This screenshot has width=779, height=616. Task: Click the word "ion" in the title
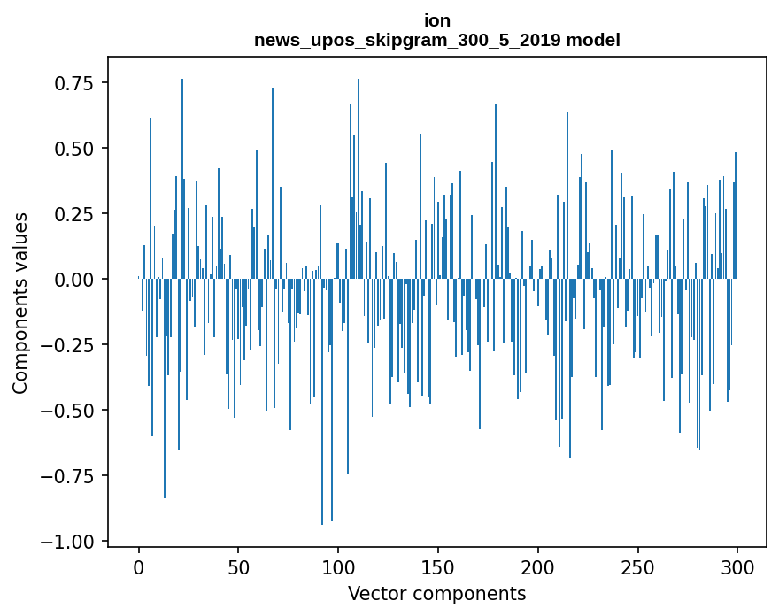click(437, 20)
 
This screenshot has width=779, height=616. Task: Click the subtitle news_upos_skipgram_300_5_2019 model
click(437, 40)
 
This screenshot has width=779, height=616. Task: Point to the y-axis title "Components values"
click(19, 303)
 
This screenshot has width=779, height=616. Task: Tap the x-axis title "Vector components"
click(437, 594)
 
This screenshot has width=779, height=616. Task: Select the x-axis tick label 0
click(139, 567)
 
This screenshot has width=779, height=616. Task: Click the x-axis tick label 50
click(238, 567)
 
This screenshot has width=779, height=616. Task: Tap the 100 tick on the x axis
click(338, 567)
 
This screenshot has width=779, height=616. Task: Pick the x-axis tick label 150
click(438, 567)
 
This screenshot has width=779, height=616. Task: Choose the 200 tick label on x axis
click(538, 567)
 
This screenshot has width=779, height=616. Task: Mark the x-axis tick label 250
click(637, 567)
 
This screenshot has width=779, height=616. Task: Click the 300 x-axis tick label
click(737, 567)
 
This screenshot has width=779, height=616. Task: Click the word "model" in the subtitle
click(594, 40)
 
